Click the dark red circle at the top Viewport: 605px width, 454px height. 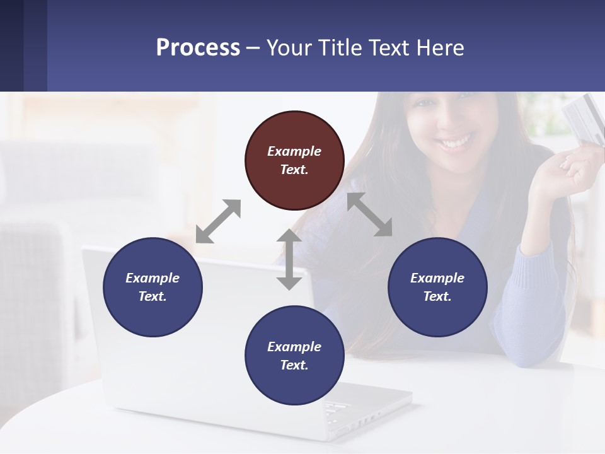tap(294, 160)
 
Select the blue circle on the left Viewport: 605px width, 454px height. tap(153, 287)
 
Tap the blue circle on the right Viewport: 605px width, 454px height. tap(437, 287)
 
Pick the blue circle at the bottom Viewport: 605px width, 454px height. tap(294, 356)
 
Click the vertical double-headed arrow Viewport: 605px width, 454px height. tap(289, 259)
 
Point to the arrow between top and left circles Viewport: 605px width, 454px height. tap(218, 221)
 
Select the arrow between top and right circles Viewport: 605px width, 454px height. tap(370, 214)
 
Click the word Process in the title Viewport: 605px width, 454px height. tap(198, 47)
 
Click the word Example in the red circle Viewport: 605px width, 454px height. tap(294, 151)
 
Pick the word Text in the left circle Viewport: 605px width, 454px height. tap(153, 296)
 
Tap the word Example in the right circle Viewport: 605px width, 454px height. tap(437, 278)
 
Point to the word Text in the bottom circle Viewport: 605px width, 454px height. tap(294, 365)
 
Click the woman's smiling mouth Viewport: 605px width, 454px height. tap(455, 143)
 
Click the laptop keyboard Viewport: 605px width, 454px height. tap(343, 410)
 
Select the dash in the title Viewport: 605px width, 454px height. tap(253, 47)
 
